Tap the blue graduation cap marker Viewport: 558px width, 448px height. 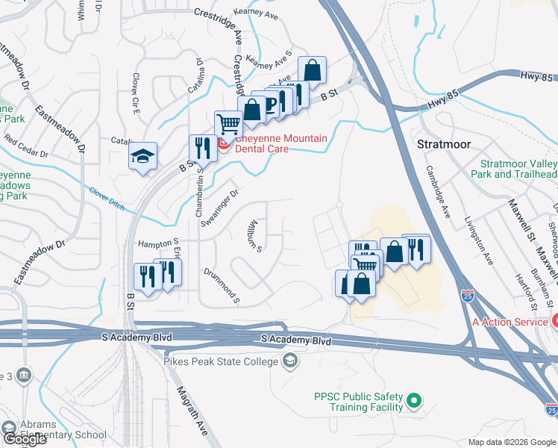pyautogui.click(x=142, y=156)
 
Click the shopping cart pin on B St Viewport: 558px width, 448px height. pyautogui.click(x=228, y=123)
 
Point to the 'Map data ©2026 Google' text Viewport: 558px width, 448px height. pyautogui.click(x=511, y=442)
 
